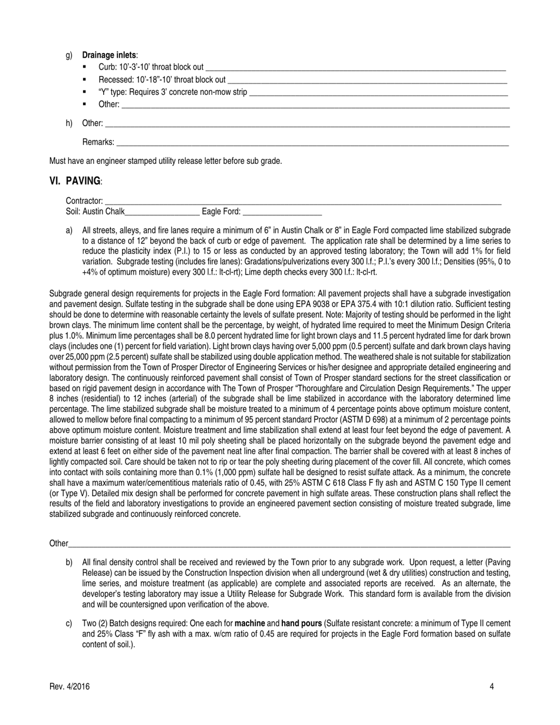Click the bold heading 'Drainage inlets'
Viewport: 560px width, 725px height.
click(109, 55)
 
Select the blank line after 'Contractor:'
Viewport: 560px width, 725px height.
click(303, 203)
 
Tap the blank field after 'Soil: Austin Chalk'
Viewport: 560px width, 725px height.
click(162, 213)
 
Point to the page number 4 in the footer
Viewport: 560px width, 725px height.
click(492, 687)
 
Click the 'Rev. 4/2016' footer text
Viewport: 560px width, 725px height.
click(70, 687)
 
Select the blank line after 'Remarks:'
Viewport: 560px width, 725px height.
click(312, 143)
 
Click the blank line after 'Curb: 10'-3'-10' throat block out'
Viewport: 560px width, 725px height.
click(356, 68)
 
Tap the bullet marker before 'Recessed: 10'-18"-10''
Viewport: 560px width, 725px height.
click(85, 80)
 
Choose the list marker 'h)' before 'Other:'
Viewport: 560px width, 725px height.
click(69, 123)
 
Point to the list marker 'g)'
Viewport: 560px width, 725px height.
click(69, 55)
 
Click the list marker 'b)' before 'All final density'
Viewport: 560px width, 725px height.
click(69, 562)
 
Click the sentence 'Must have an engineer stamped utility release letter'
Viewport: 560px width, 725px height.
click(165, 160)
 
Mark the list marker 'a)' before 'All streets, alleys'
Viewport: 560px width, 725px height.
click(69, 230)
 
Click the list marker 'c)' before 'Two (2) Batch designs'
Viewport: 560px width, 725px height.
click(69, 623)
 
